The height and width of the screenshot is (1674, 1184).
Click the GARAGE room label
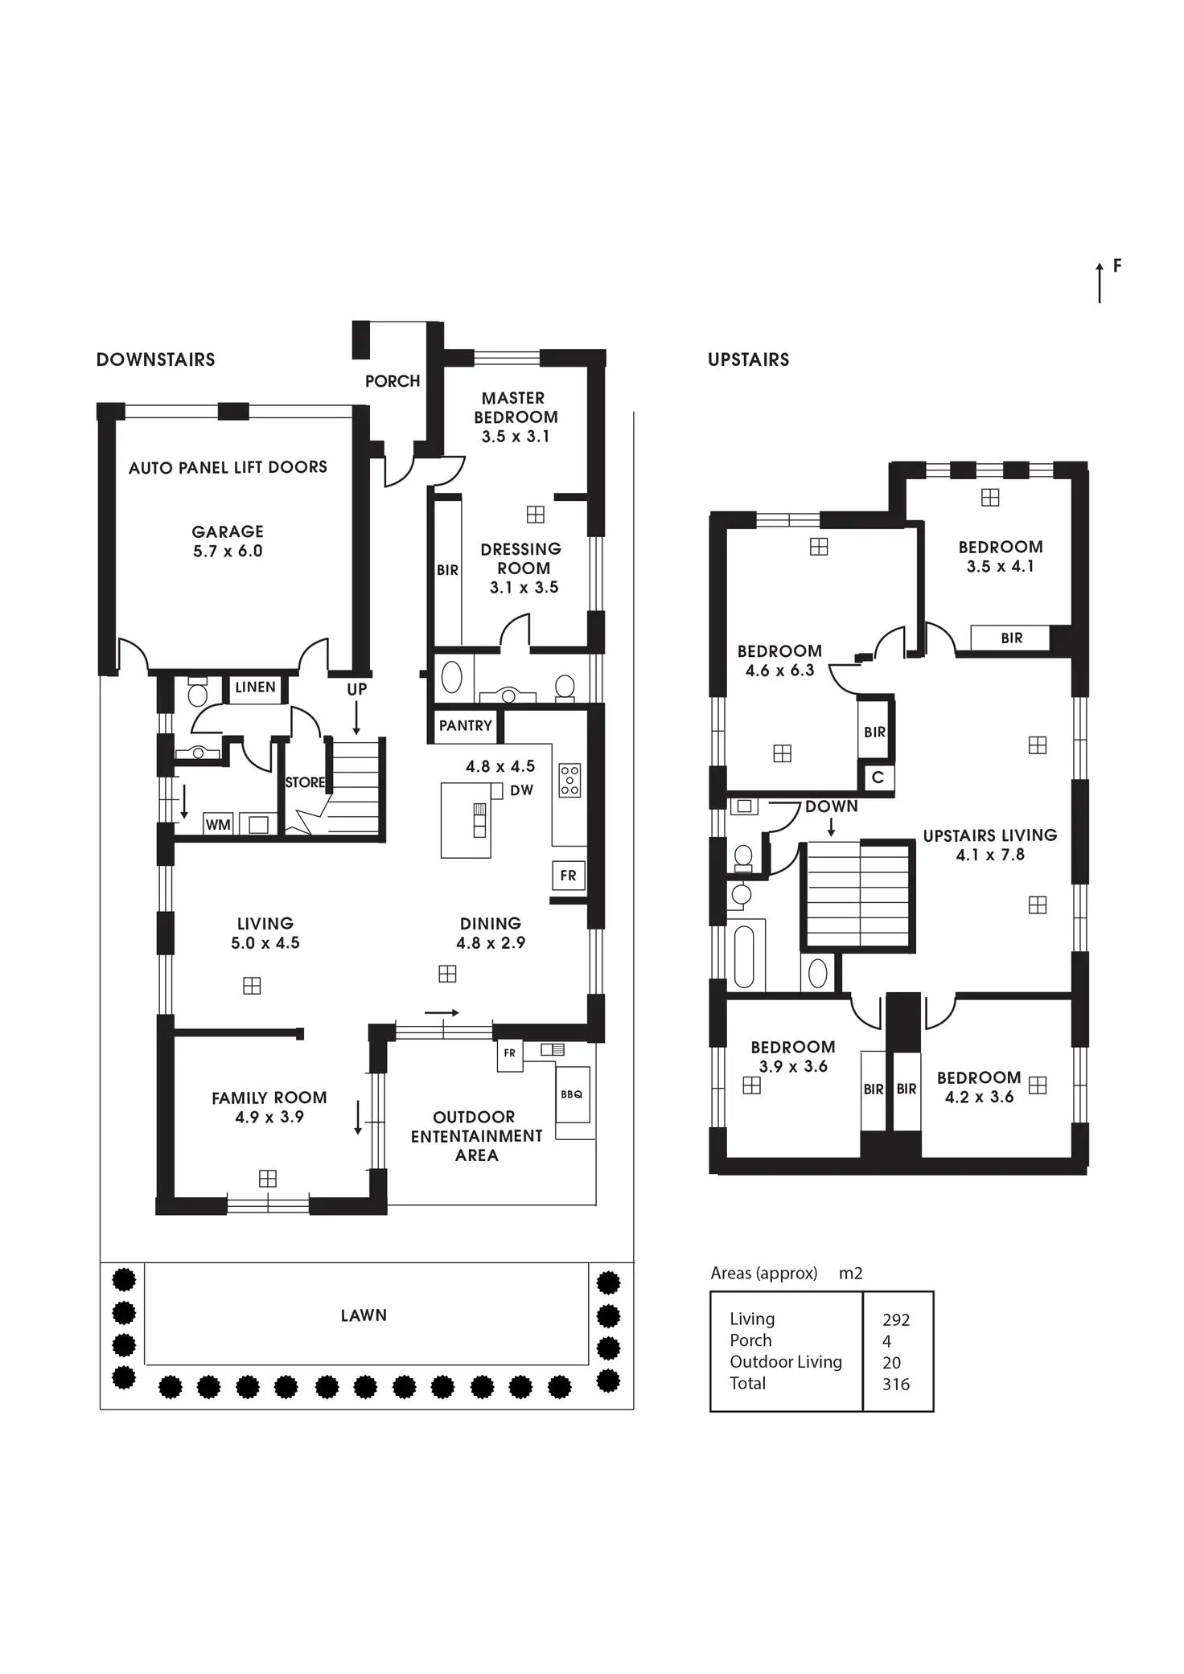coord(228,531)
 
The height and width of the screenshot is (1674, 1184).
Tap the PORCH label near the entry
coord(393,381)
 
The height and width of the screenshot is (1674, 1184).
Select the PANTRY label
coord(465,725)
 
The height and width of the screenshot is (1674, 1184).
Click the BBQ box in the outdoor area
coord(572,1094)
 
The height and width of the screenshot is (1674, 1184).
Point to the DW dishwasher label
coord(521,790)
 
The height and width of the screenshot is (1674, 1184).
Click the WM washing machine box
coord(218,825)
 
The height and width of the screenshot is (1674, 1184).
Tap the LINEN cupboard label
coord(255,687)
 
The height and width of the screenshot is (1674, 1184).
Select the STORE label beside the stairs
coord(305,782)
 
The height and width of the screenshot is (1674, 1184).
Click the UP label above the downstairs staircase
coord(356,689)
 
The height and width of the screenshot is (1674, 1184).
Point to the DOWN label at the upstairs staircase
coord(831,806)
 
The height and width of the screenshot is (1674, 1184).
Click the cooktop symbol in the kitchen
coord(569,780)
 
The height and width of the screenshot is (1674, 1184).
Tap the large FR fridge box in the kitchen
coord(568,876)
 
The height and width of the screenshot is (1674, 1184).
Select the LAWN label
coord(364,1315)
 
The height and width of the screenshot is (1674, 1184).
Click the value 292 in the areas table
coord(895,1320)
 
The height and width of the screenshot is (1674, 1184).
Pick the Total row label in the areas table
coord(747,1384)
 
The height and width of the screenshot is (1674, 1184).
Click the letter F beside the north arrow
coord(1117,265)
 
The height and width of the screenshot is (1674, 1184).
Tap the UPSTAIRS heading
coord(748,359)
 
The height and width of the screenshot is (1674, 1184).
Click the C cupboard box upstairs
coord(878,778)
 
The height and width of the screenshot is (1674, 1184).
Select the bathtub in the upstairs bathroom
coord(744,955)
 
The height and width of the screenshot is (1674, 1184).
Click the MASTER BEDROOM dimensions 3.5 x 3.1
coord(516,437)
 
